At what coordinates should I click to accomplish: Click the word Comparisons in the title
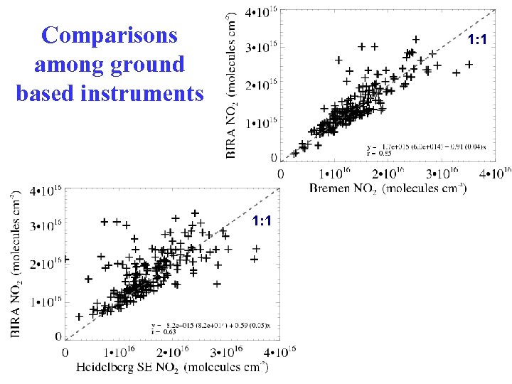tap(110, 36)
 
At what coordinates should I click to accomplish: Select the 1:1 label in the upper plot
tap(476, 40)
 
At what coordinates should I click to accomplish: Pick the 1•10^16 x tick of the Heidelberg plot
tap(120, 352)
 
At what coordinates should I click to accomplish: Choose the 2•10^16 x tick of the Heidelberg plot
tap(173, 352)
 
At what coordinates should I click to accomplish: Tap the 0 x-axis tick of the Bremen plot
tap(282, 173)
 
